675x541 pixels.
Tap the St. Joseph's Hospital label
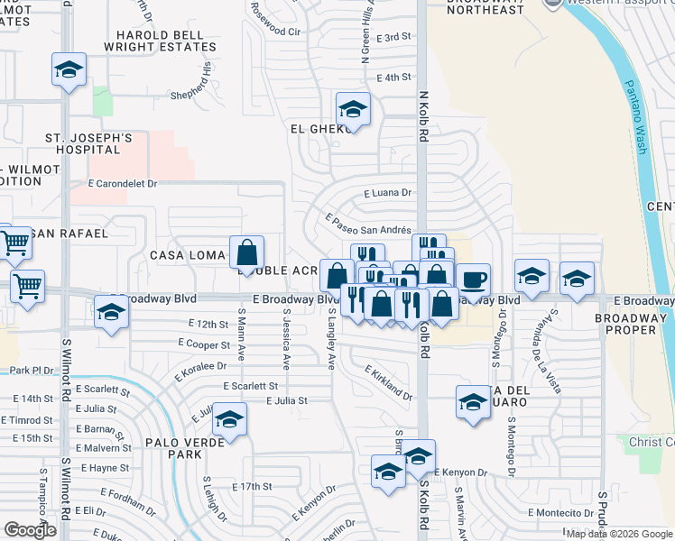pyautogui.click(x=89, y=145)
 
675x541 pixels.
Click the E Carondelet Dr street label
pyautogui.click(x=124, y=184)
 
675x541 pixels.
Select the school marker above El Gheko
pyautogui.click(x=353, y=110)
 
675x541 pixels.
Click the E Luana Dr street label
pyautogui.click(x=387, y=193)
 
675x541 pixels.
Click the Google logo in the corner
pyautogui.click(x=29, y=530)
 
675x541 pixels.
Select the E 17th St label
pyautogui.click(x=252, y=487)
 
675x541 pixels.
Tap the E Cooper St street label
pyautogui.click(x=204, y=344)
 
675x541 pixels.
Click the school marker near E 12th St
pyautogui.click(x=112, y=312)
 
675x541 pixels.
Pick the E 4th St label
pyautogui.click(x=394, y=78)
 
